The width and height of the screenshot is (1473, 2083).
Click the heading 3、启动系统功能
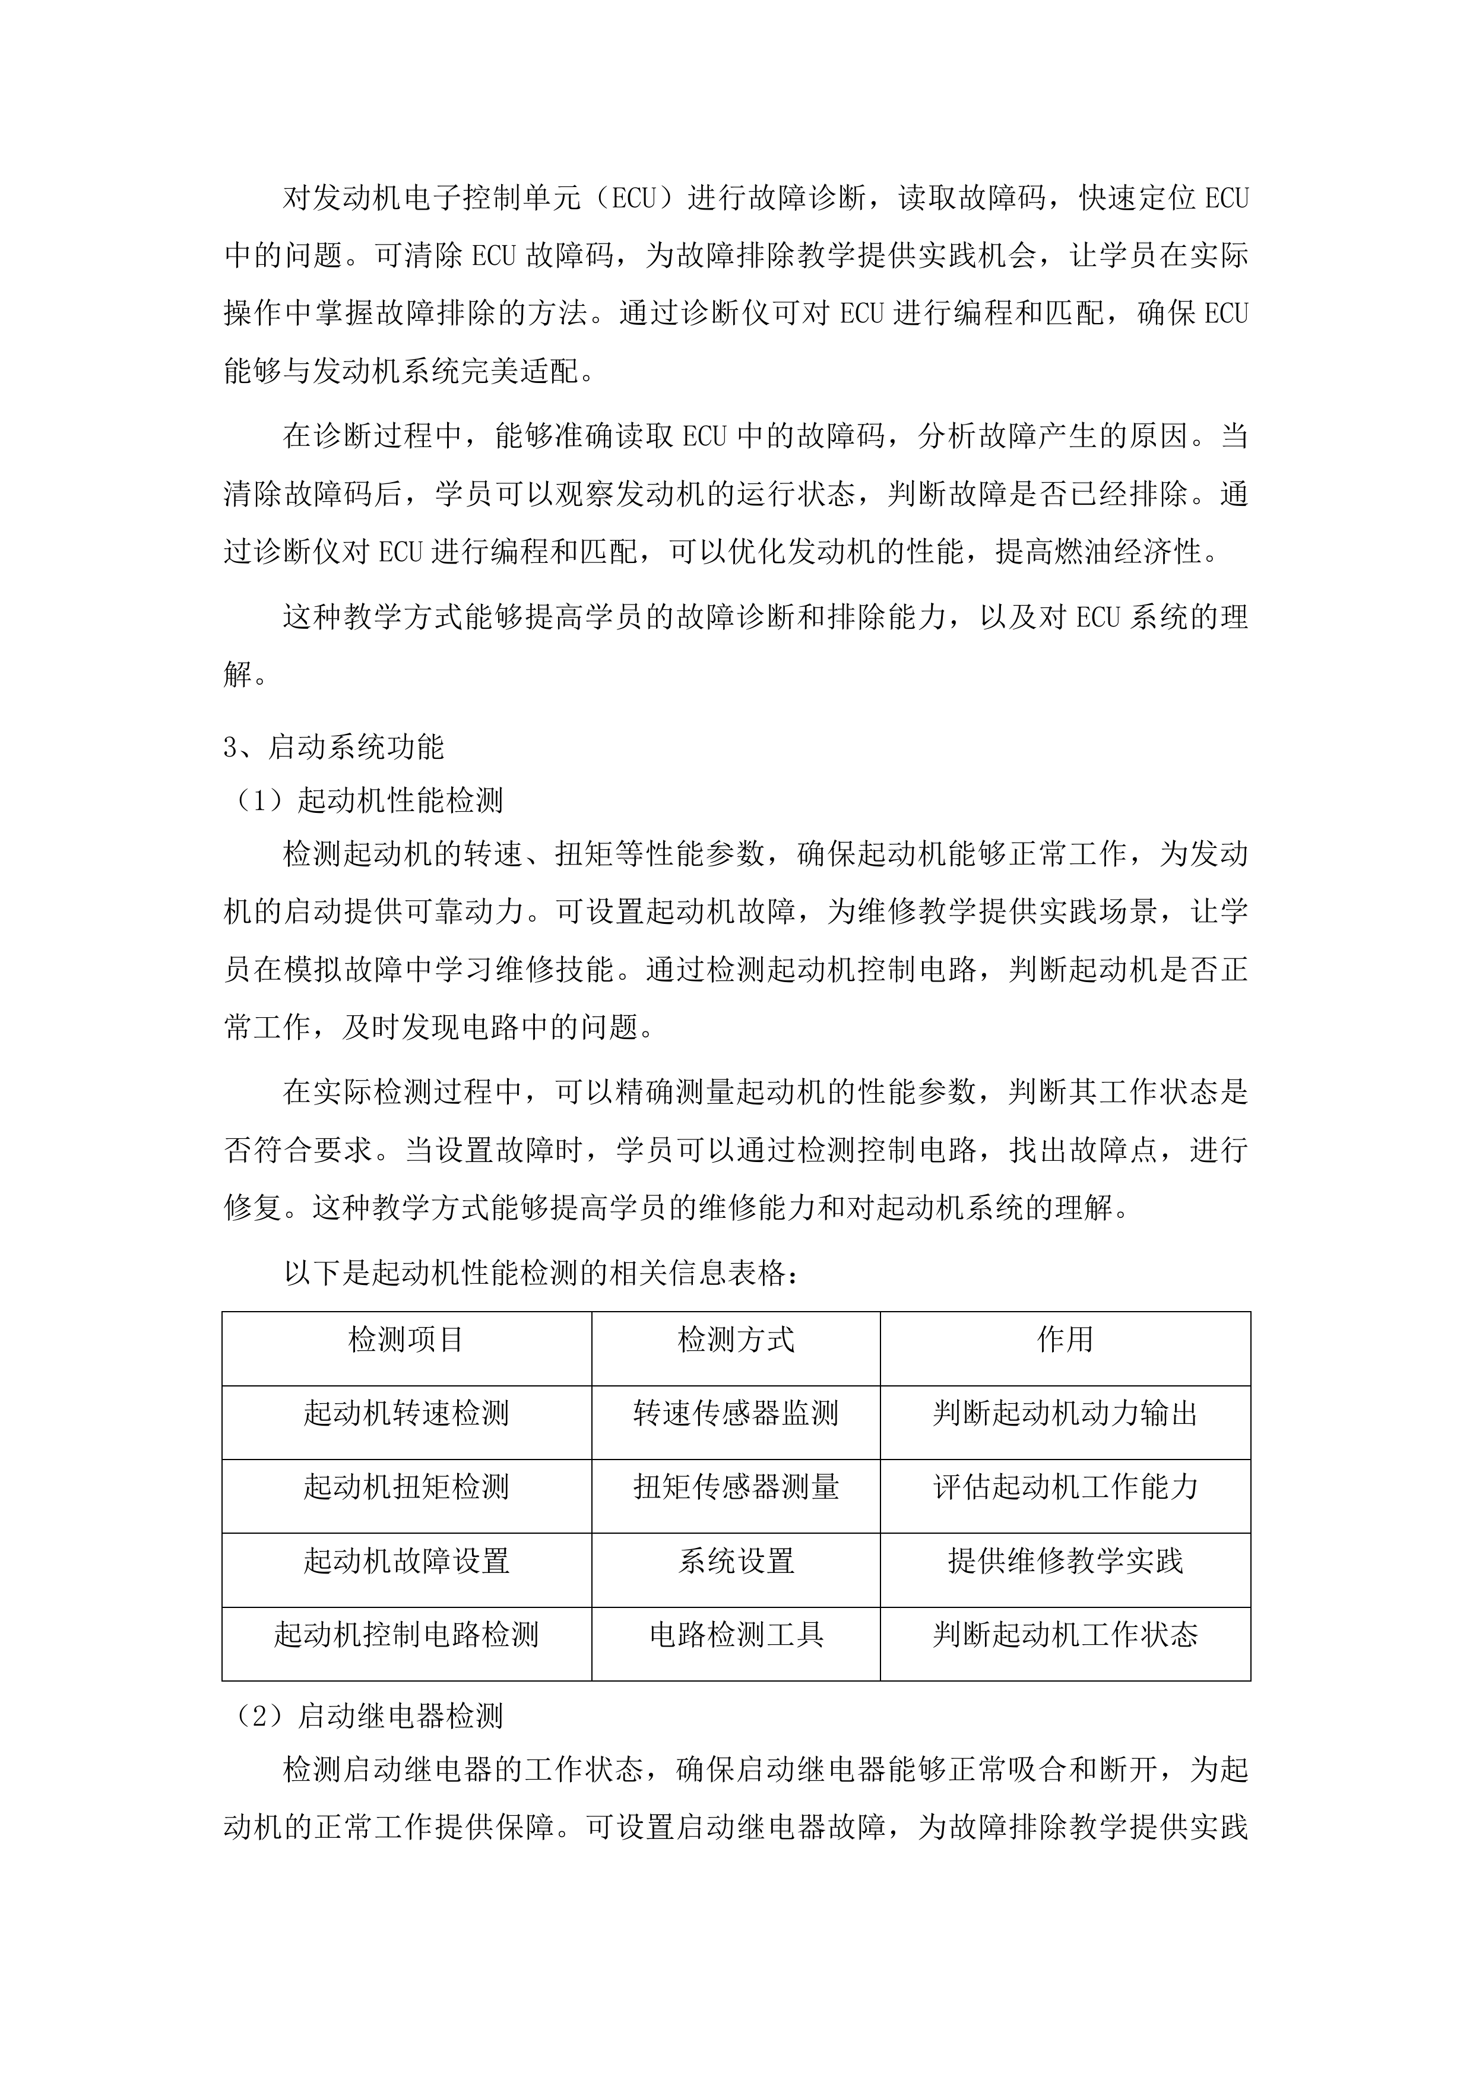334,746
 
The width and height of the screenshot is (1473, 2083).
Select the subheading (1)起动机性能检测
368,800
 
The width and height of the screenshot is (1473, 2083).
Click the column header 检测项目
406,1339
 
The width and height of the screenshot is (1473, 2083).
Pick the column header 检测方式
736,1339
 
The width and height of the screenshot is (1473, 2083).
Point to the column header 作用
1065,1339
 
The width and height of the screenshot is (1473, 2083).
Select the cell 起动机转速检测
406,1413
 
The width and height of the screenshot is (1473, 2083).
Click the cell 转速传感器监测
736,1413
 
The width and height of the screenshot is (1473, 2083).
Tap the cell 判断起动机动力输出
1065,1413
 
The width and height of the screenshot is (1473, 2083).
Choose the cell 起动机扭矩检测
406,1486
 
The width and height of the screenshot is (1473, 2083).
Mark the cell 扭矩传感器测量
736,1486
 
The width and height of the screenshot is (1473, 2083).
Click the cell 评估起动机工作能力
1065,1486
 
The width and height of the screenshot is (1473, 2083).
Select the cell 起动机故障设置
406,1560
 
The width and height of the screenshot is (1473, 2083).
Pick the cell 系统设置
736,1560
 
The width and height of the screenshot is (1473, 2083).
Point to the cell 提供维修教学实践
1065,1560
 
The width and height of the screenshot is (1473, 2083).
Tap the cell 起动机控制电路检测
406,1634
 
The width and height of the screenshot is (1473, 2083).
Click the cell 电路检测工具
736,1634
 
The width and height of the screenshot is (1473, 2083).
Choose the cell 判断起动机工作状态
1065,1634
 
